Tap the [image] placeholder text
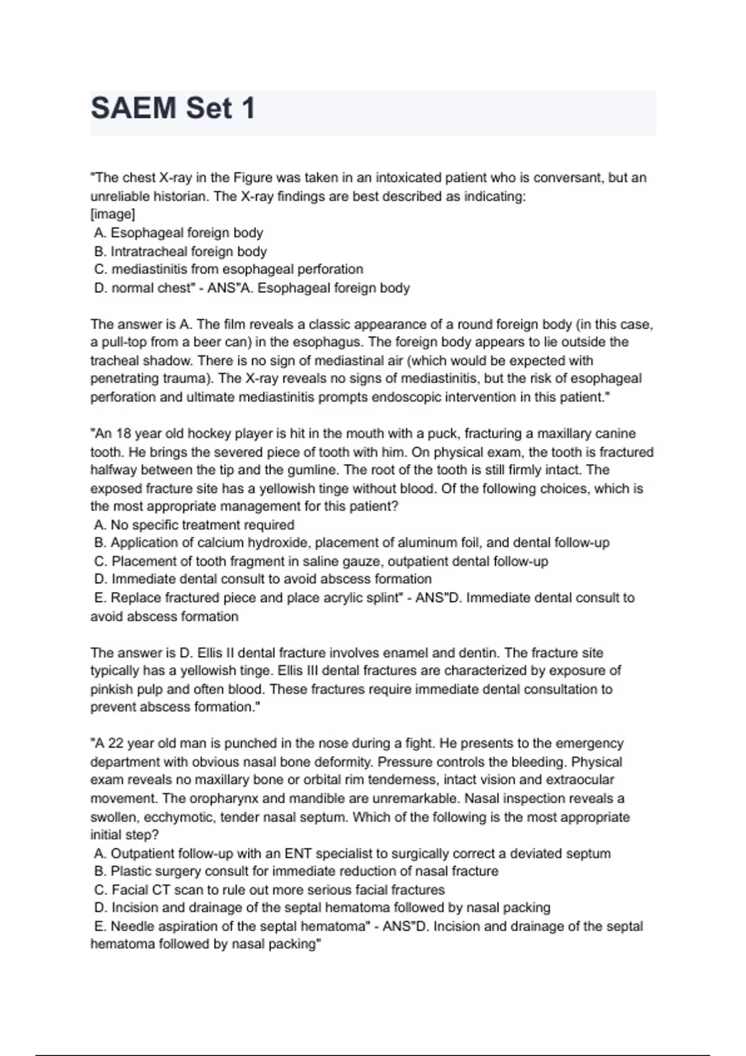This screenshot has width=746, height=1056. click(113, 214)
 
